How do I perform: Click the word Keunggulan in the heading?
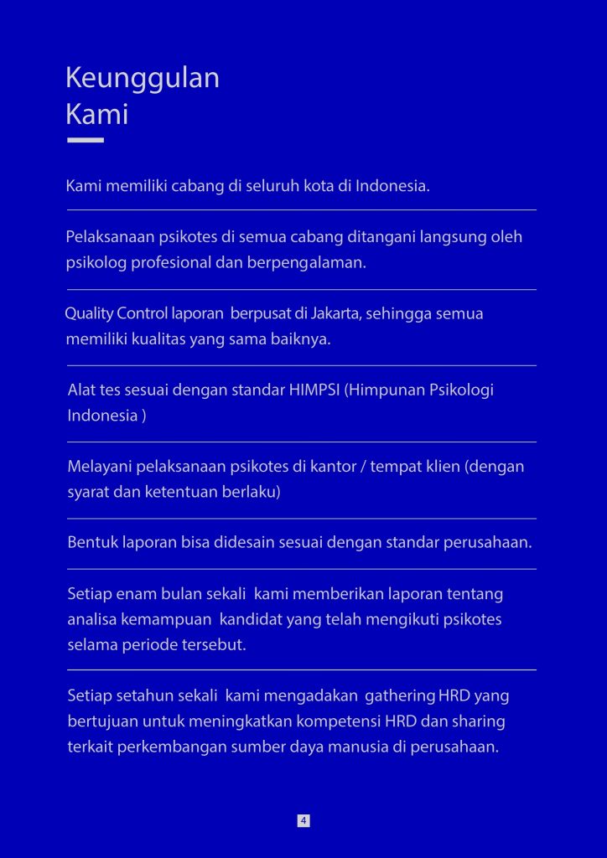143,78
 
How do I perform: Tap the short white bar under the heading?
85,140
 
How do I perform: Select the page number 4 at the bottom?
303,820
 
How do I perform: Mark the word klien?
441,466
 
